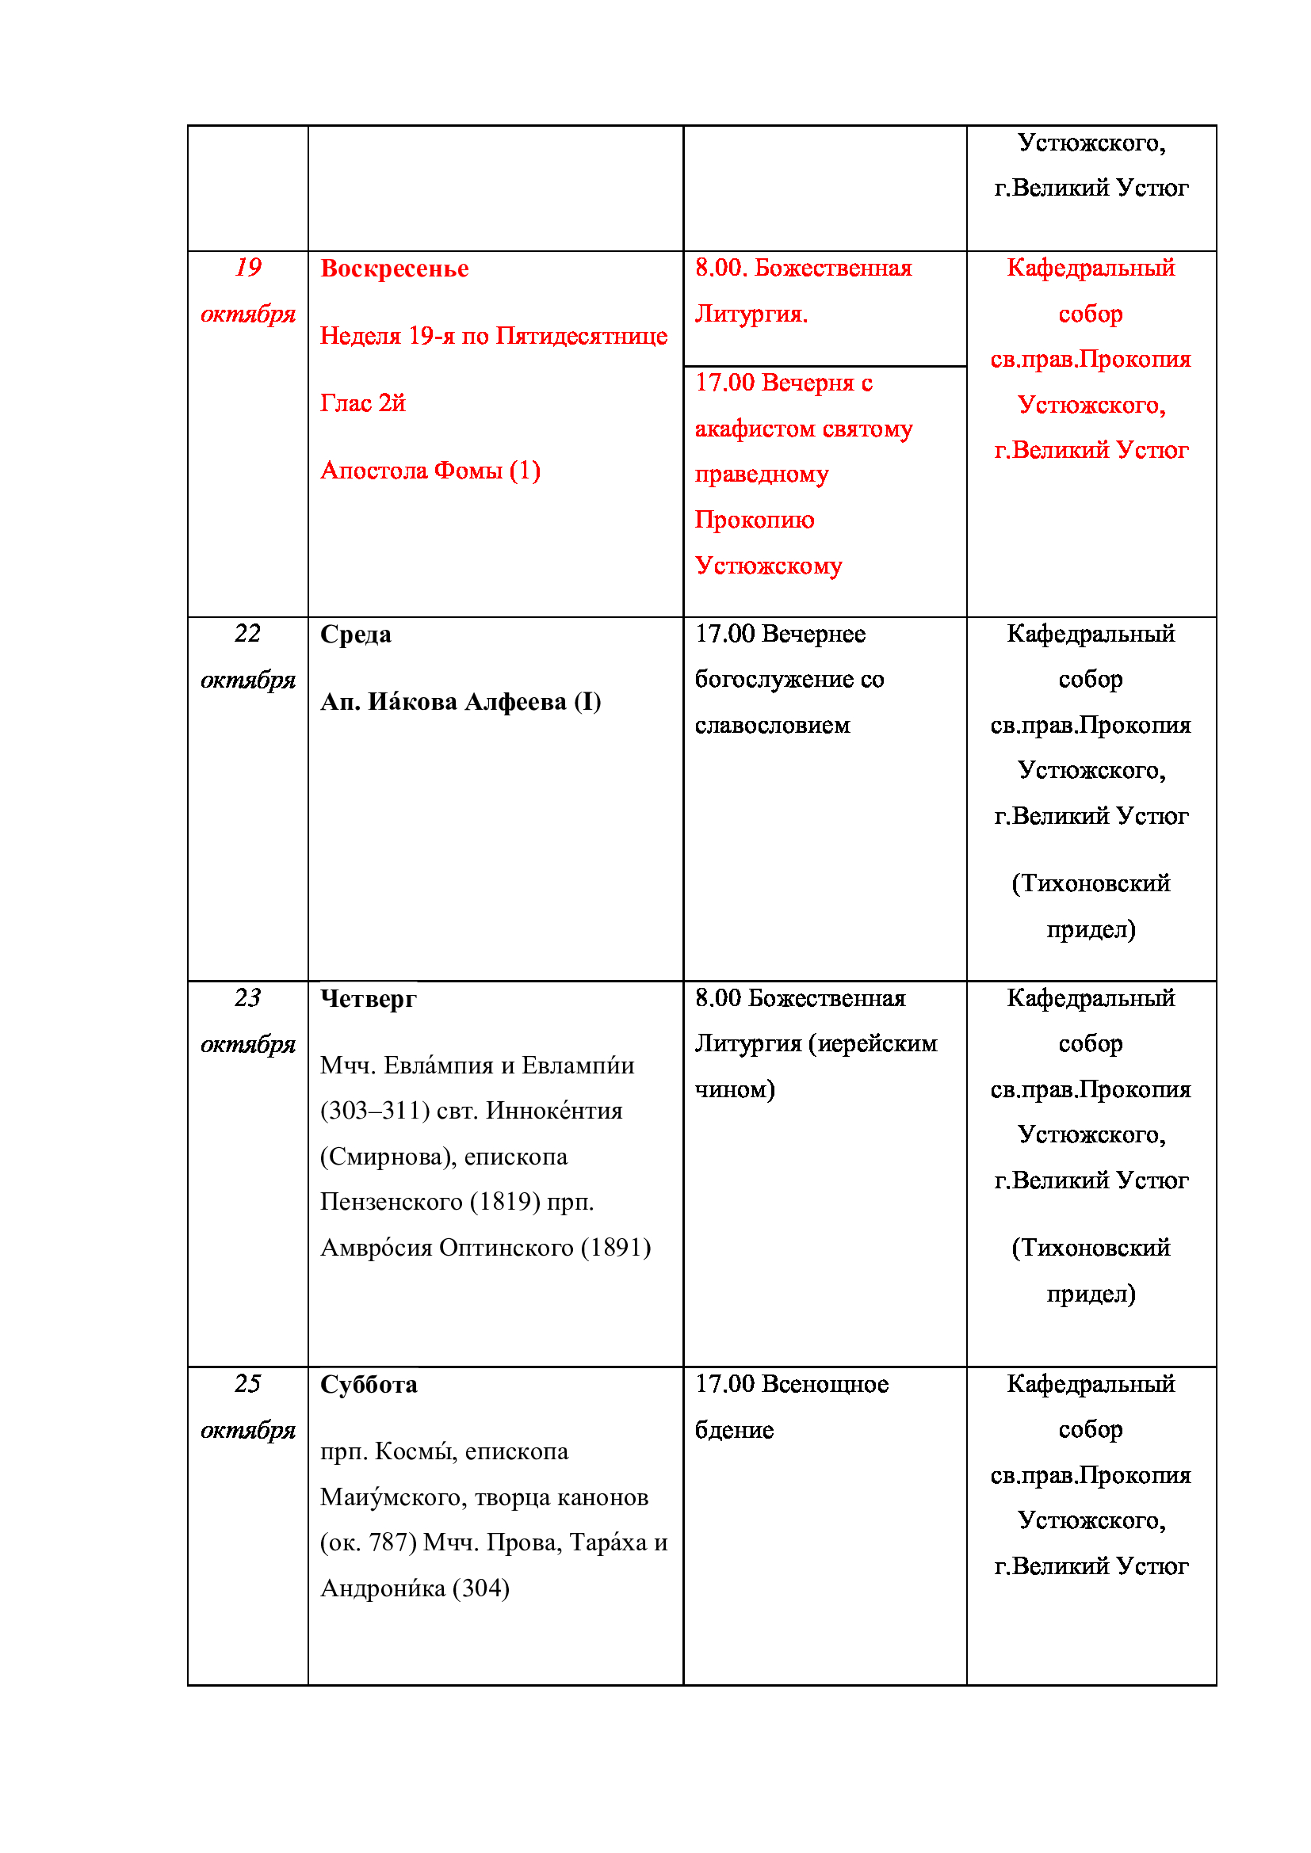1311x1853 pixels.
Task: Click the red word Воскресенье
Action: (x=394, y=269)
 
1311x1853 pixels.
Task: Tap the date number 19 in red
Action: (x=248, y=267)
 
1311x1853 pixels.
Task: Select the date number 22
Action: (x=248, y=634)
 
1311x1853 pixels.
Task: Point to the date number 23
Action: (x=248, y=998)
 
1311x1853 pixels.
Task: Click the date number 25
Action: (x=248, y=1384)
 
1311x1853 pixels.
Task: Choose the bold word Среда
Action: (x=355, y=635)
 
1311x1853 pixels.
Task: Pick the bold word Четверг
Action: (x=368, y=999)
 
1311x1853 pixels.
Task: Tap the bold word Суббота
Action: (x=368, y=1385)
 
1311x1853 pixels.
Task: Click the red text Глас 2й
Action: (x=362, y=402)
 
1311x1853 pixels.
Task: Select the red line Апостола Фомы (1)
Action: (x=430, y=471)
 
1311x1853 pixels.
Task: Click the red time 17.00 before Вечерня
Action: (x=725, y=383)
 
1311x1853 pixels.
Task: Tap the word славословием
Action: (x=773, y=726)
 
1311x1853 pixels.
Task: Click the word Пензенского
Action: (x=391, y=1203)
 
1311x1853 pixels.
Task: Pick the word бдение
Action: (x=734, y=1431)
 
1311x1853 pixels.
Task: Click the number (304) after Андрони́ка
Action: (x=480, y=1589)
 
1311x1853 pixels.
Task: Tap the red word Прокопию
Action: (x=754, y=520)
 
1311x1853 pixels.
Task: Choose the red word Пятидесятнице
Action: (x=581, y=336)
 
